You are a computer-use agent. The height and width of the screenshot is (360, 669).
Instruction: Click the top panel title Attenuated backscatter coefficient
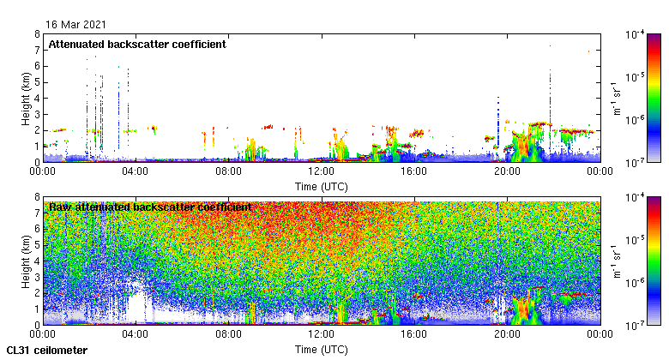137,45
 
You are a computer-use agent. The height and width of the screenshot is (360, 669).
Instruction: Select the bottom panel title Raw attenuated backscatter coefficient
150,207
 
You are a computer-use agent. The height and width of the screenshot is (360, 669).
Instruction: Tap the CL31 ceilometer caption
47,350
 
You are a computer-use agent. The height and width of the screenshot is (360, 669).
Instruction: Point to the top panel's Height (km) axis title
27,98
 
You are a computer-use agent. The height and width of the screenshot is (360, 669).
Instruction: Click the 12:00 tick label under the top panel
321,171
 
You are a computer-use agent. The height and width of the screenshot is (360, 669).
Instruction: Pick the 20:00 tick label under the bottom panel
506,335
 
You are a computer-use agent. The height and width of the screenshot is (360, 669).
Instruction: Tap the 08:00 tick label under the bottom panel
228,335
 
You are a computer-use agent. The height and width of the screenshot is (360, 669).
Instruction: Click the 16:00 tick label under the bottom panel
413,335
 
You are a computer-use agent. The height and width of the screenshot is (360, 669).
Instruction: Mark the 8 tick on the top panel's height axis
36,34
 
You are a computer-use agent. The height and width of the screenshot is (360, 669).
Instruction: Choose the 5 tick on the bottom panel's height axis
36,245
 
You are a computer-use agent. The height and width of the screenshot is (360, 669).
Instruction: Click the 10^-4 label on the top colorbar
636,35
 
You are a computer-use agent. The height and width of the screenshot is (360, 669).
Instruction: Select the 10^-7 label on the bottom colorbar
636,326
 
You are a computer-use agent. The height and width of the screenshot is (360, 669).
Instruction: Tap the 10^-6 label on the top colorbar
636,119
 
